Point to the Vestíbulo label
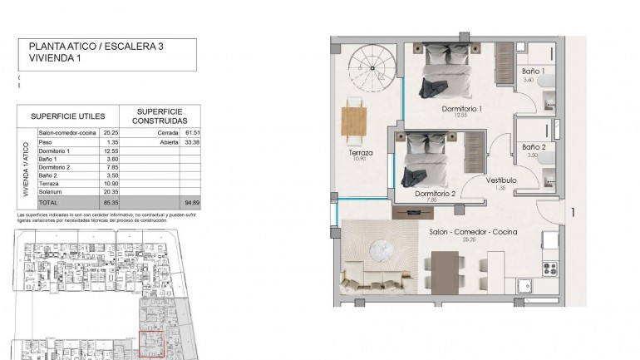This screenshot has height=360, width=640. coord(501,180)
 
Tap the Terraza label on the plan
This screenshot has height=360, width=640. coord(361,153)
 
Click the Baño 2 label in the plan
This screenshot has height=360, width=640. coord(533,146)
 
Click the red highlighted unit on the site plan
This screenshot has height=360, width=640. coord(150,344)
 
